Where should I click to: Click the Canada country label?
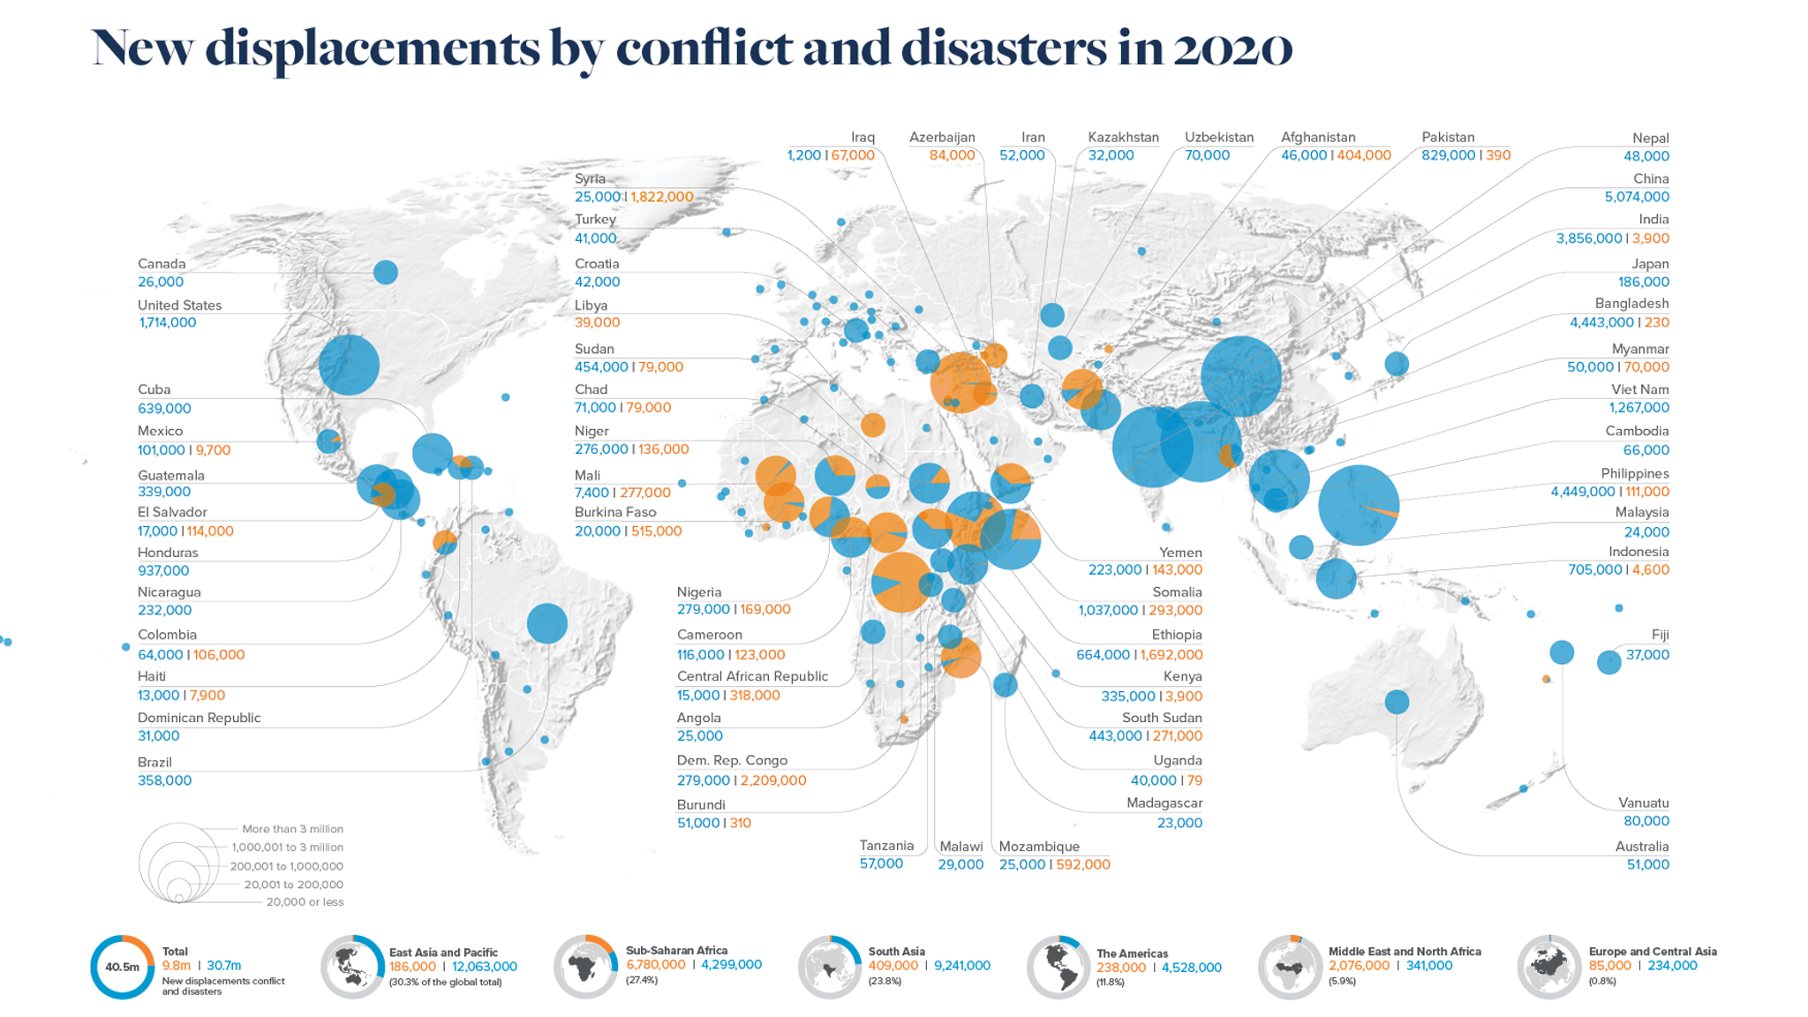(x=162, y=263)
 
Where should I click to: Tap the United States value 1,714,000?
(x=167, y=322)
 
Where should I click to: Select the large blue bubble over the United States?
(x=349, y=364)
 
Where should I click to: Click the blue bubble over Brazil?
(x=546, y=623)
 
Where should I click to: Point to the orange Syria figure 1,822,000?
(x=661, y=197)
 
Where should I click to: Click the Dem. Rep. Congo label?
(x=731, y=760)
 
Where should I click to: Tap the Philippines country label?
(x=1634, y=473)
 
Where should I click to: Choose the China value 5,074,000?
(x=1636, y=197)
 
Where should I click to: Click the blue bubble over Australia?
(x=1396, y=702)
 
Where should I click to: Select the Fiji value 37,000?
(x=1646, y=654)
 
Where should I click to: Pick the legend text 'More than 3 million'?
(x=292, y=829)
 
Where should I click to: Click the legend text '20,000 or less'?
(x=305, y=901)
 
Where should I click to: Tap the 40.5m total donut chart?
(x=122, y=967)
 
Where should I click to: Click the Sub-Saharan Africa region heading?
(x=676, y=951)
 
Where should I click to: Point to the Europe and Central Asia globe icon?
(x=1548, y=967)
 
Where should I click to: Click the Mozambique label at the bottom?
(x=1038, y=846)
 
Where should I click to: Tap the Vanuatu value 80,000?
(x=1646, y=821)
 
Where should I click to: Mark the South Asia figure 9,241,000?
(x=961, y=966)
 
